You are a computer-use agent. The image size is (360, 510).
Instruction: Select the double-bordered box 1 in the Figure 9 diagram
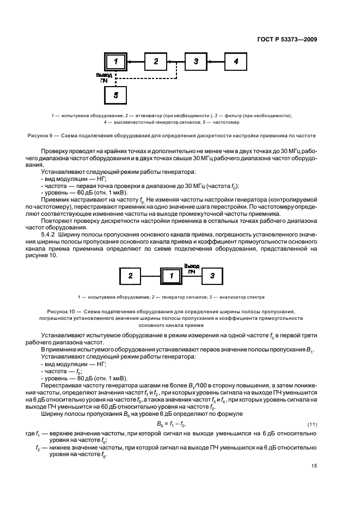tap(115, 62)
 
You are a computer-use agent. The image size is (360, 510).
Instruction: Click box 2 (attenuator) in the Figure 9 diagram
tap(156, 62)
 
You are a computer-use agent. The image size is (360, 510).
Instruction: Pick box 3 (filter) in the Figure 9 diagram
tap(196, 62)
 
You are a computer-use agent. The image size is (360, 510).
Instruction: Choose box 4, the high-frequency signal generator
tap(236, 62)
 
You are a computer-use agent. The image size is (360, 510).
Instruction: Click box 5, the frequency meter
tap(115, 94)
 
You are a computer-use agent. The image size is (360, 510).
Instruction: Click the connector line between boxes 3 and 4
tap(216, 62)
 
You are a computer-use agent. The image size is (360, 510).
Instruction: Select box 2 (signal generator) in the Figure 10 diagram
tap(131, 276)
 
